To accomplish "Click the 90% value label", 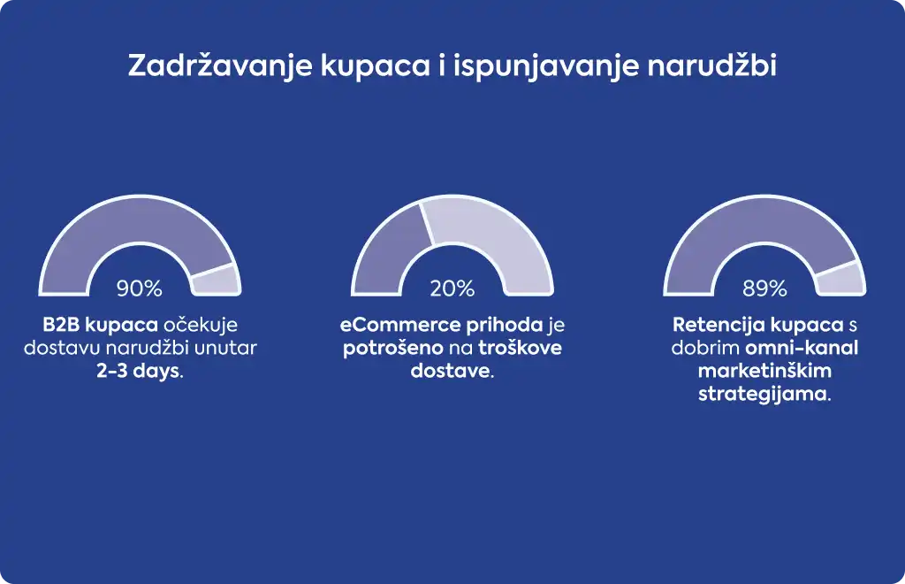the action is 139,288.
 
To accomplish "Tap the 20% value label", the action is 452,288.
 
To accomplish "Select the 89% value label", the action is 764,288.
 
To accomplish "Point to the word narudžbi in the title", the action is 711,65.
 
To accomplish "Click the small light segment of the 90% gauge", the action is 216,280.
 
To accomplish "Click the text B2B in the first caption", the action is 61,325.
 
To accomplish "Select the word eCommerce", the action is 400,325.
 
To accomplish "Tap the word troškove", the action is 520,348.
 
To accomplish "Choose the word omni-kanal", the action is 802,348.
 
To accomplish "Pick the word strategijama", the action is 763,395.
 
